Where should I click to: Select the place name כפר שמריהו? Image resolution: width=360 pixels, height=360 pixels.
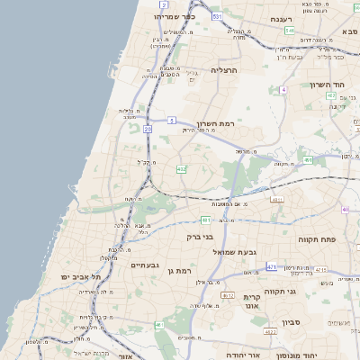[174, 17]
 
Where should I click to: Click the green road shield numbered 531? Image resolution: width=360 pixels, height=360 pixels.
[217, 17]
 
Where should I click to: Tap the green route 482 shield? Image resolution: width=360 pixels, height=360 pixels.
[182, 168]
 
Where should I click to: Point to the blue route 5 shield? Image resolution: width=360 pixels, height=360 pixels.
[171, 119]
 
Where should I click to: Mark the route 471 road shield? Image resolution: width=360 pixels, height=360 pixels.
[272, 267]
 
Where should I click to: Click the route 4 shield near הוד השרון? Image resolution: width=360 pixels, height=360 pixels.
[283, 90]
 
